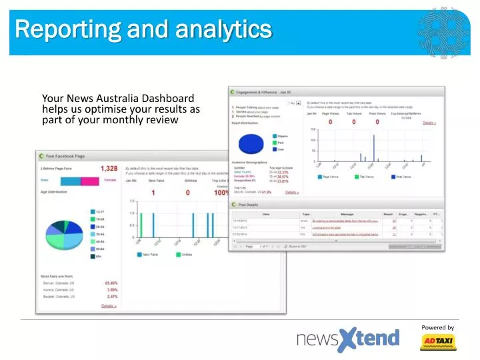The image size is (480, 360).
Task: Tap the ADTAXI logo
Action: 437,342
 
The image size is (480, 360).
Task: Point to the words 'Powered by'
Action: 437,327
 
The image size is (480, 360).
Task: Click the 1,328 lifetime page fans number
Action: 109,169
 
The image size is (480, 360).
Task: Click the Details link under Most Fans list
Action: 109,306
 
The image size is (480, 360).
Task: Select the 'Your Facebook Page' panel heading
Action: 65,156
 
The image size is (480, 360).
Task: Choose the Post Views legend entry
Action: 402,177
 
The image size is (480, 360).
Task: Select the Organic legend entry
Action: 281,135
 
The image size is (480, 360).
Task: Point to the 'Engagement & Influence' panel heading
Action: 261,92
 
